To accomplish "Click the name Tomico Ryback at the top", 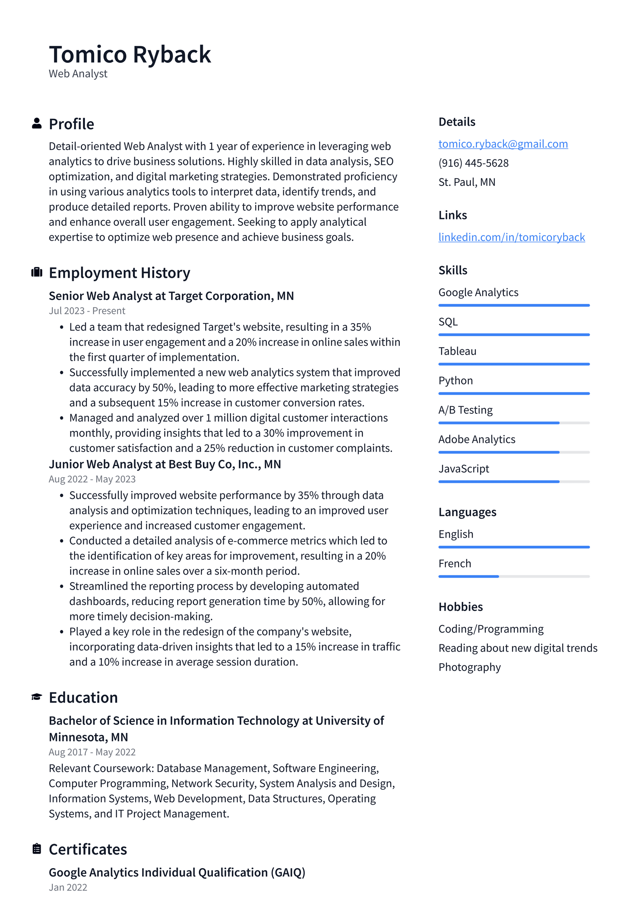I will (x=130, y=54).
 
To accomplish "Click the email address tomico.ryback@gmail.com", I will (x=503, y=144).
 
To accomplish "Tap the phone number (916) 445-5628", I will (x=473, y=163).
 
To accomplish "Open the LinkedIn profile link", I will (x=511, y=237).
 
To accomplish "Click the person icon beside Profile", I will (x=37, y=124).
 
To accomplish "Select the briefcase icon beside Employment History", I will (x=37, y=272).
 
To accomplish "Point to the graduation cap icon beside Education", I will (x=37, y=697).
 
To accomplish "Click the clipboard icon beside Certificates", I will (x=37, y=848).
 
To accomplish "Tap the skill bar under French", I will (x=514, y=576).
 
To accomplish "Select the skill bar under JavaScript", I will (x=514, y=481).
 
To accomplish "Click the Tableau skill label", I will (x=457, y=351).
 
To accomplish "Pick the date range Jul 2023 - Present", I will (x=87, y=311).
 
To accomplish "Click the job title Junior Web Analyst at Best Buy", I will (x=165, y=464).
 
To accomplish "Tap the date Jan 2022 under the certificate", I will (x=68, y=887).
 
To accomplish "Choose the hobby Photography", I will (x=469, y=667).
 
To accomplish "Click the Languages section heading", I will (x=467, y=512).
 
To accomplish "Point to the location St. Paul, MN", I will (x=467, y=182).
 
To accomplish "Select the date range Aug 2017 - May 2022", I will (x=92, y=752).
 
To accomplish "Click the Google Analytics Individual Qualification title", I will (x=177, y=872).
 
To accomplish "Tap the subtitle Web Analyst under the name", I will (x=78, y=74).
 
